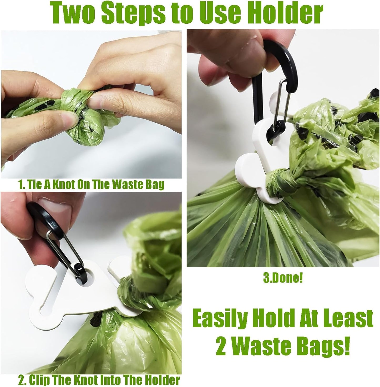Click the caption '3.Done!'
point(283,279)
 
